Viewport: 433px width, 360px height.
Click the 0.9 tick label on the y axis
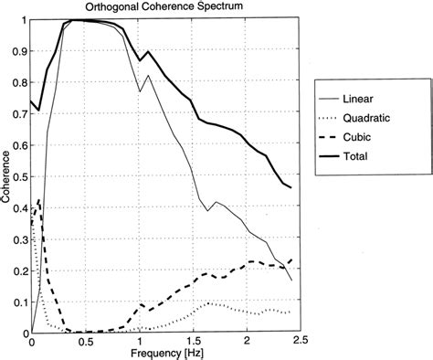[x=19, y=51]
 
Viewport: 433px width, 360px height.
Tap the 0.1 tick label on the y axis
[x=19, y=301]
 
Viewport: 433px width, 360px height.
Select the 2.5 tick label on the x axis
[x=300, y=342]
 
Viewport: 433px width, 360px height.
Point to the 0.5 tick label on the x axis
[x=85, y=342]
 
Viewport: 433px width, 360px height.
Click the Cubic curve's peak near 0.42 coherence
[x=39, y=200]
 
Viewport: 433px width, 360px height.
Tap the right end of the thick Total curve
[x=291, y=187]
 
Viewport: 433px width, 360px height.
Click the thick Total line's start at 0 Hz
[x=32, y=101]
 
